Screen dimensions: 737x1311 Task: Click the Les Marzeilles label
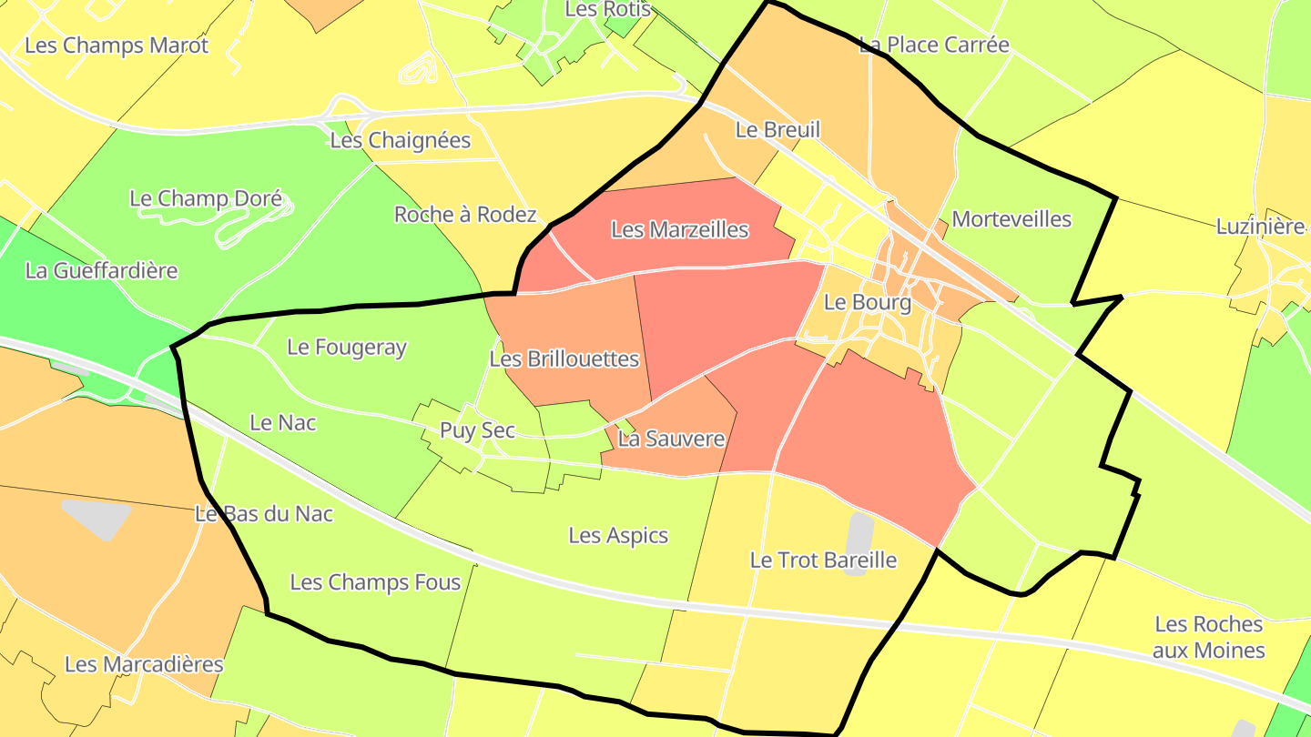pos(679,230)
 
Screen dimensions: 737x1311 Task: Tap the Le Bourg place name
pos(867,302)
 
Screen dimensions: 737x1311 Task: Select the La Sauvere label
pos(671,439)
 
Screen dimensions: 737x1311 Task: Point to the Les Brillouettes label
pos(564,359)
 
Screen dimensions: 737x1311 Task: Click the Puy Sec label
pos(477,430)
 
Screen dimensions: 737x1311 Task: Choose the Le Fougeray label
pos(347,347)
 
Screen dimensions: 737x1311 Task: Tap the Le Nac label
pos(283,422)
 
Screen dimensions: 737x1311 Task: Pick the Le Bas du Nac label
pos(264,514)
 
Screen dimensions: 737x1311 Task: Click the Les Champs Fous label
pos(375,582)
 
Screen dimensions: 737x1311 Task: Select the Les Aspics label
pos(618,536)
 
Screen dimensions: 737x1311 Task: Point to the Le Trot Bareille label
pos(823,560)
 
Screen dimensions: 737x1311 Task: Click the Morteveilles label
pos(1011,219)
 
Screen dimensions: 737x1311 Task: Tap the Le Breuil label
pos(777,130)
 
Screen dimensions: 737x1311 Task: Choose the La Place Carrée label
pos(934,45)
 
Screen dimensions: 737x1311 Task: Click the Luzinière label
pos(1260,227)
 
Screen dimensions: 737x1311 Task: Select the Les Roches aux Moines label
pos(1208,637)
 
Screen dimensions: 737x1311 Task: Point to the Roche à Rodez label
pos(465,215)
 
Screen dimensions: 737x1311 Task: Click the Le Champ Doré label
pos(206,198)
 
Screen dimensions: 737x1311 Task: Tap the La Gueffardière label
pos(102,270)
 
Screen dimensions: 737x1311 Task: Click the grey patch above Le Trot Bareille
pos(859,532)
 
